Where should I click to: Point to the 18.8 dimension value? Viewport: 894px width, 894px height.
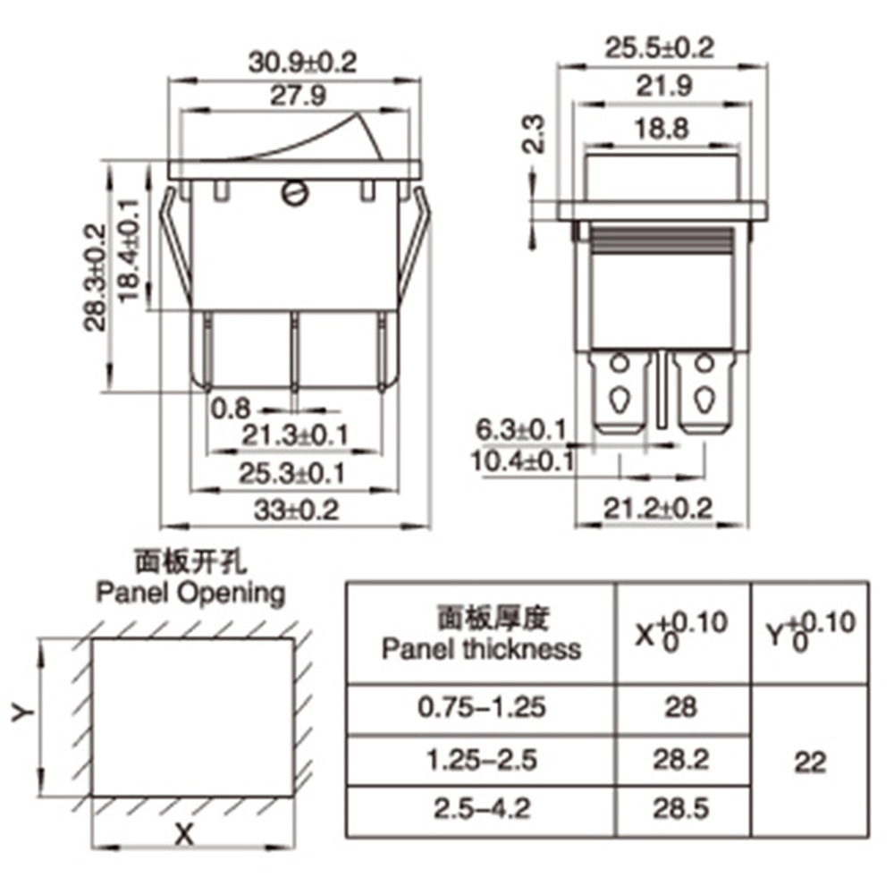point(662,129)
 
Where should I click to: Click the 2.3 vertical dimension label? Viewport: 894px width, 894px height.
point(534,134)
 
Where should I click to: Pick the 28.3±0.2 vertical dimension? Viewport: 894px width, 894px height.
point(97,277)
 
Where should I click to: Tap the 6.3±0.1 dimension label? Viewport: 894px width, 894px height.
point(520,430)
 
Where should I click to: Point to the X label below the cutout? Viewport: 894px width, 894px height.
point(184,835)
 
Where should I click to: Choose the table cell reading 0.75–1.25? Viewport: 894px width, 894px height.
point(481,708)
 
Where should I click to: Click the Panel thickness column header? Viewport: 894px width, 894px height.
point(481,633)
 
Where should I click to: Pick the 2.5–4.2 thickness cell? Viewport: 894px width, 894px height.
point(481,809)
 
